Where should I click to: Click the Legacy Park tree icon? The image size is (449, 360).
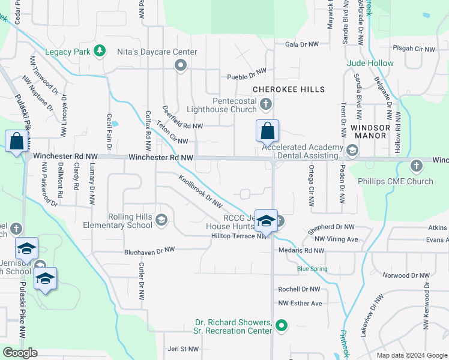100,52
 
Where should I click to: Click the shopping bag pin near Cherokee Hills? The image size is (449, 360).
267,130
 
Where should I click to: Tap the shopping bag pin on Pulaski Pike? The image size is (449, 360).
17,142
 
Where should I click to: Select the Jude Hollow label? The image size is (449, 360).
370,63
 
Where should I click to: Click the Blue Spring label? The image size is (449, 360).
312,269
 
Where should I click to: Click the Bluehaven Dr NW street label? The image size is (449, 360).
149,250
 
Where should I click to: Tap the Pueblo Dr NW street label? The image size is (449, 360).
246,76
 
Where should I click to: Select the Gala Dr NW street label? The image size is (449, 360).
301,44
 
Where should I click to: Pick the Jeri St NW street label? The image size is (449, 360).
182,349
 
